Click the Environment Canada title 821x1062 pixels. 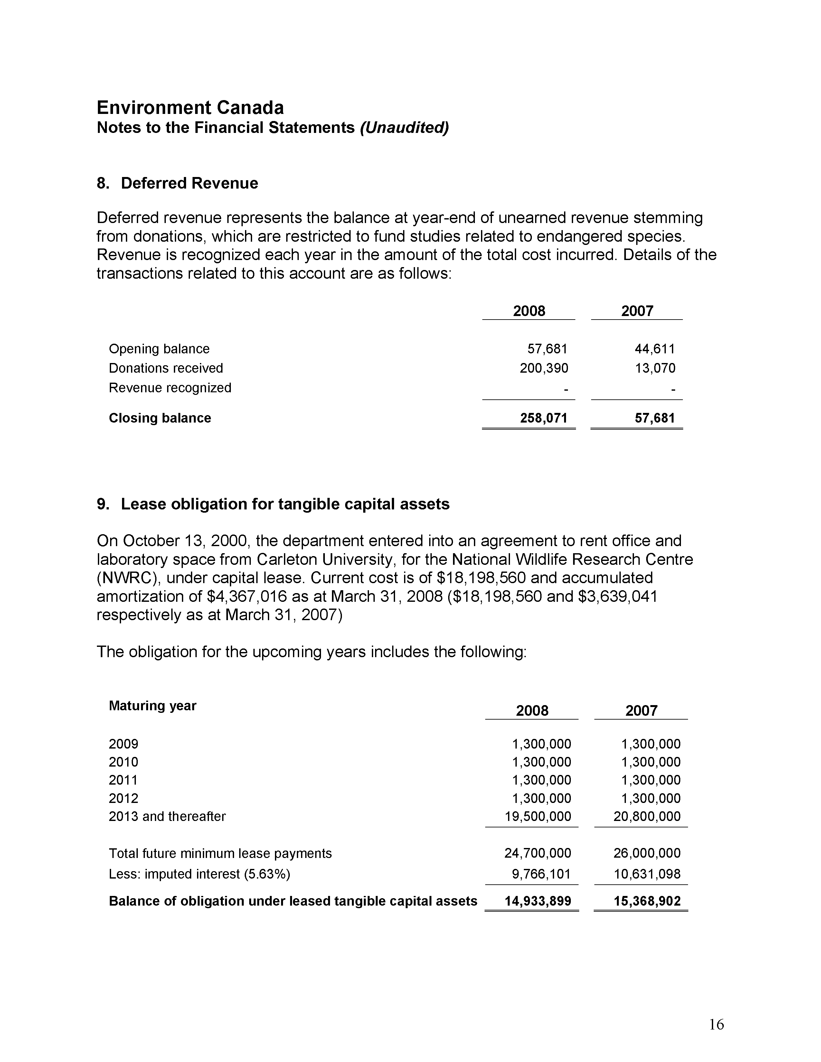point(190,107)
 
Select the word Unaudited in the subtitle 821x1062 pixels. point(404,127)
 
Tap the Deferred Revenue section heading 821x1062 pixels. point(189,183)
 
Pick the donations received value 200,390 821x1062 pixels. point(544,368)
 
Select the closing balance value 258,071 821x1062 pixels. point(544,418)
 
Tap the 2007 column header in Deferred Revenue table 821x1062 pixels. point(637,311)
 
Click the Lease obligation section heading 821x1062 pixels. point(285,504)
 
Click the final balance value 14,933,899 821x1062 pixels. point(538,901)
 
